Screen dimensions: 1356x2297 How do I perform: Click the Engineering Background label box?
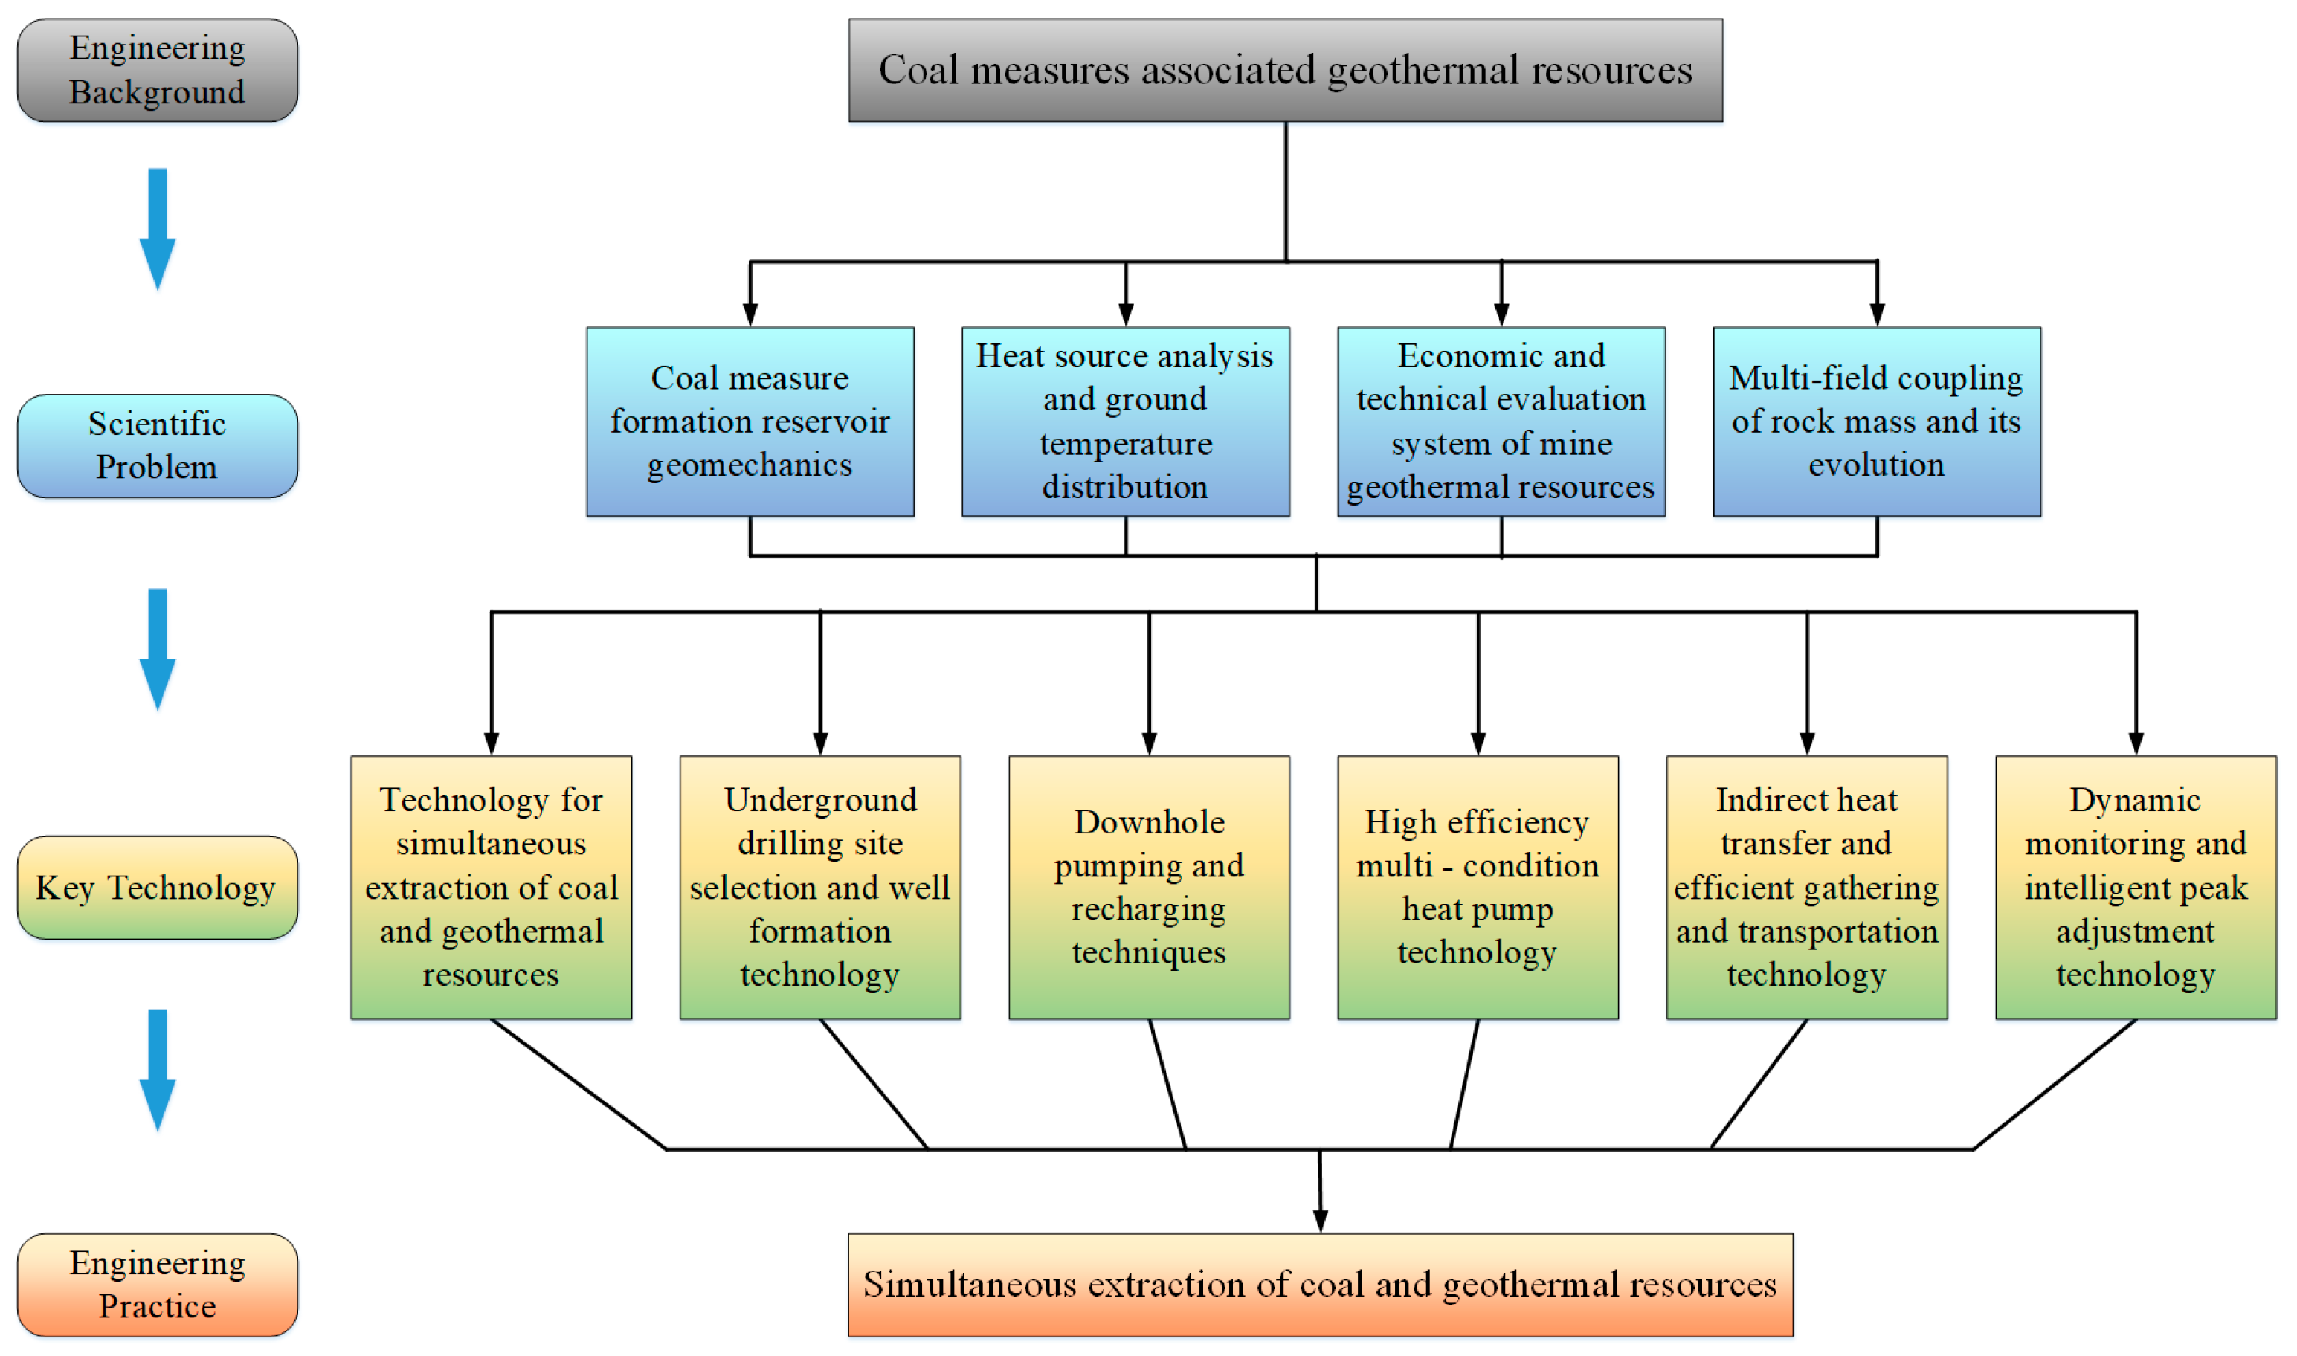157,71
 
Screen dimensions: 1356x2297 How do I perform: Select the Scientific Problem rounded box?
157,446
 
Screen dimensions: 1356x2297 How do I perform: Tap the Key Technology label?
157,887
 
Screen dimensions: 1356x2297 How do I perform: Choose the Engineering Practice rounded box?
157,1285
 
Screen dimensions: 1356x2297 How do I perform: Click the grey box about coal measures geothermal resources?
1285,71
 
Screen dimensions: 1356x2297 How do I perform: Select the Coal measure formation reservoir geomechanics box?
750,422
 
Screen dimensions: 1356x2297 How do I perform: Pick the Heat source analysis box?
1125,422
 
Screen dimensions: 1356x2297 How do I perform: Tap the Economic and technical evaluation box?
1501,422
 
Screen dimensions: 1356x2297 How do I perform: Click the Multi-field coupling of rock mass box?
1876,422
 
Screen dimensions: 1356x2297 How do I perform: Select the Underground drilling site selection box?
819,887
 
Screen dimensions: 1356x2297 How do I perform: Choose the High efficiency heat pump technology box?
1478,887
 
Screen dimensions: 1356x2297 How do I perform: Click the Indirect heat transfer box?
1806,887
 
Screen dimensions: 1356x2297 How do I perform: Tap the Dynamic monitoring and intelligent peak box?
2136,887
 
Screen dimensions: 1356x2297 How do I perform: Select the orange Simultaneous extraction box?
1319,1285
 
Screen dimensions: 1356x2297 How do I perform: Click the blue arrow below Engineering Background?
157,228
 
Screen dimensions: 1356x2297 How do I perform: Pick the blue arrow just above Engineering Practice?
157,1069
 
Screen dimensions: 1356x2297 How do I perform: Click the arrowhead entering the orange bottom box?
1319,1221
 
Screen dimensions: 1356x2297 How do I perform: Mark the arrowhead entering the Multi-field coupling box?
1877,314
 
